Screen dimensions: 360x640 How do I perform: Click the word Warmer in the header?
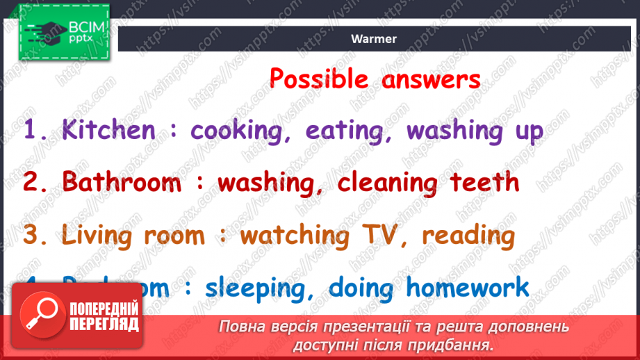click(x=374, y=39)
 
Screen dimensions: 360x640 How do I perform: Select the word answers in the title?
click(x=431, y=79)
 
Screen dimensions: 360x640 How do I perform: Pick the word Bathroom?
click(x=122, y=182)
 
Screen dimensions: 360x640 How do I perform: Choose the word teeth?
click(x=484, y=182)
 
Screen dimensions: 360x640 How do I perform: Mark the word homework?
click(x=468, y=286)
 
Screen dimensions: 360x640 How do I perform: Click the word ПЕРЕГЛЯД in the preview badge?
click(x=103, y=324)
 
